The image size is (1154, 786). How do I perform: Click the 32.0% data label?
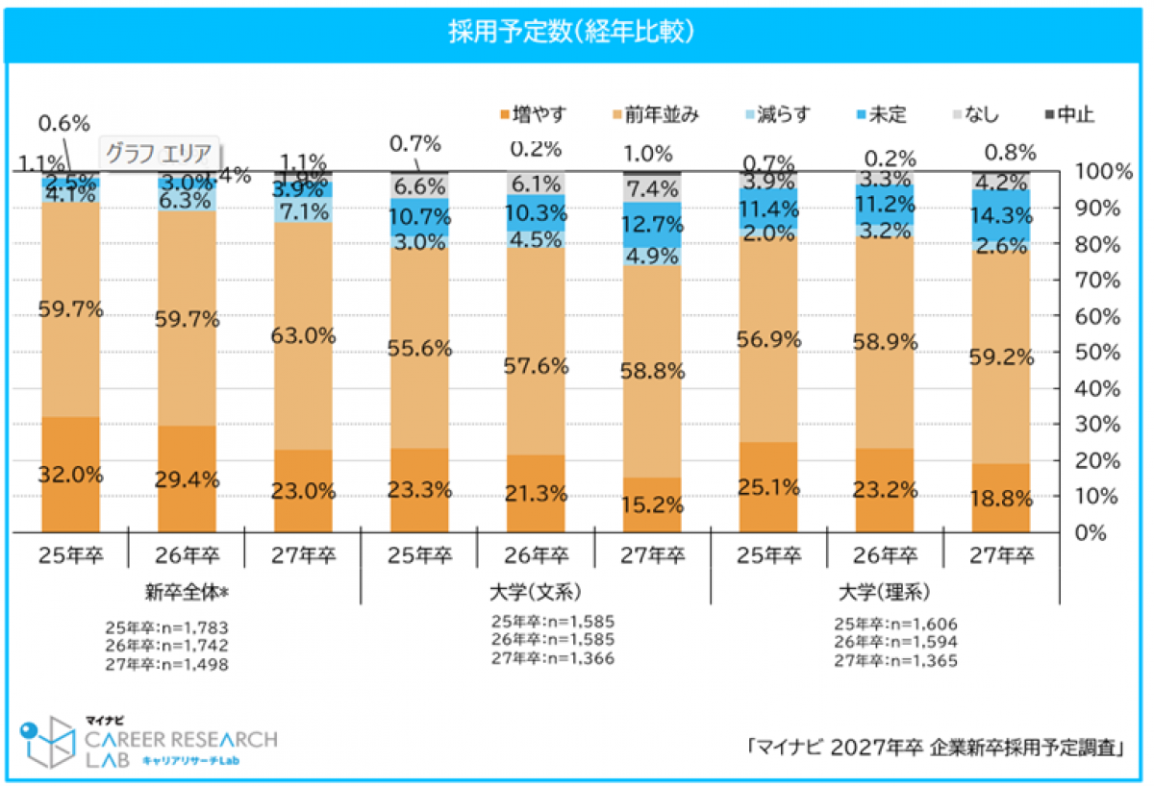coord(70,473)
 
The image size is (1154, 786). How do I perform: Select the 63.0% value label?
coord(303,336)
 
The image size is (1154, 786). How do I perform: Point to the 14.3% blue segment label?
coord(1002,215)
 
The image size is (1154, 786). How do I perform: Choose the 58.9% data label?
coord(886,342)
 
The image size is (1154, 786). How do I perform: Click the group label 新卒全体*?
coord(187,588)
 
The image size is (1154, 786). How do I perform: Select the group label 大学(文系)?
coord(536,588)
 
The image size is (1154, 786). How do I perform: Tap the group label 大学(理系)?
coord(885,588)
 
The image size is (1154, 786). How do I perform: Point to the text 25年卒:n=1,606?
coord(895,624)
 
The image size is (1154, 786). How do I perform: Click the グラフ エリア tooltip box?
coord(162,153)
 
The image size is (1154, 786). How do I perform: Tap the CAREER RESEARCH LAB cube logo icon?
coord(48,742)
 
